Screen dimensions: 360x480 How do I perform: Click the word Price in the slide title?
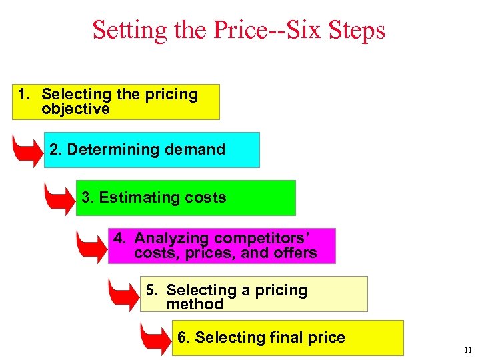point(236,30)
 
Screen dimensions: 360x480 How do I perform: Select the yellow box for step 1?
point(115,102)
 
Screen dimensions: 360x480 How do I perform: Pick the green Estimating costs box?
point(185,197)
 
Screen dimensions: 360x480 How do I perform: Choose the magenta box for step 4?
point(221,246)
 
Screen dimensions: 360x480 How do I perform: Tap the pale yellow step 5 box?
point(253,294)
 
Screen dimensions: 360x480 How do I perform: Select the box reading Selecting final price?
point(287,337)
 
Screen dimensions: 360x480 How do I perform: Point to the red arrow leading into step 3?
point(59,199)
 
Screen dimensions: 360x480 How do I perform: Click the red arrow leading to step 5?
point(123,294)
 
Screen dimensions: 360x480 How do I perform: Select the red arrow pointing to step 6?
point(155,339)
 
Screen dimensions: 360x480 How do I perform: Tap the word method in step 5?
point(195,305)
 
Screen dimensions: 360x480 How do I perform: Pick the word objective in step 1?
point(75,109)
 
